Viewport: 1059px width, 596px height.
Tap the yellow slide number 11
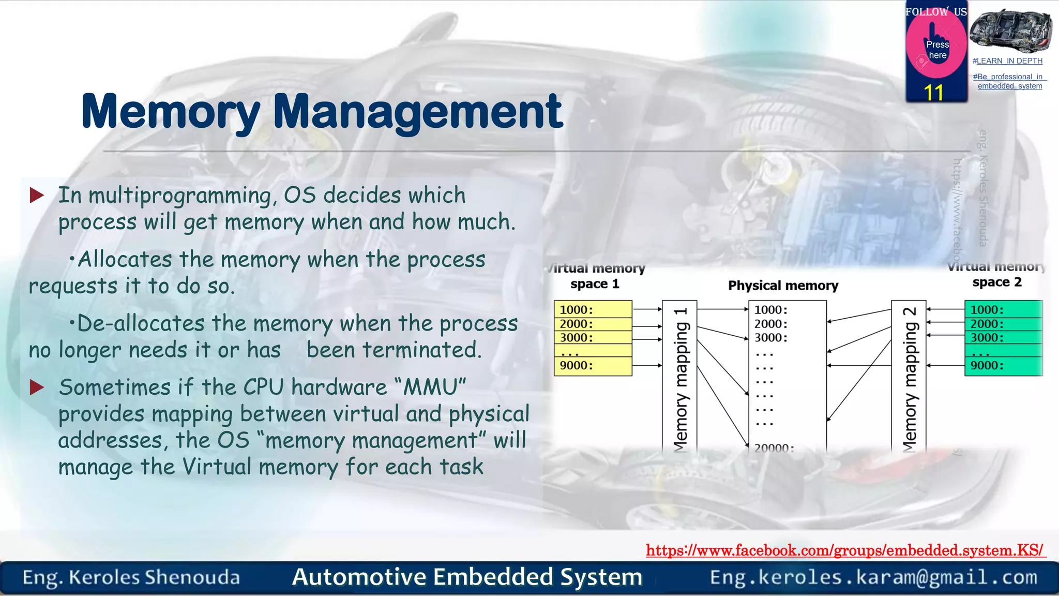point(934,93)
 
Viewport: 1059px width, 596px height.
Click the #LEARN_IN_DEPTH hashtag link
point(1007,61)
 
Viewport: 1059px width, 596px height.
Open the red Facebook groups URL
point(845,550)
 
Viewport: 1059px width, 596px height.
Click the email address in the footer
point(873,577)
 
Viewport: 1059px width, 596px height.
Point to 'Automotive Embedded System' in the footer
point(467,577)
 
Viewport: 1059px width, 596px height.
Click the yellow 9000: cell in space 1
point(593,366)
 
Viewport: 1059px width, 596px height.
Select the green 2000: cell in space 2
point(1003,324)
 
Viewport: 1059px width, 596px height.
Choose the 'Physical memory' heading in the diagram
point(783,286)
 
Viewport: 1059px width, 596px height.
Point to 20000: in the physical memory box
point(774,448)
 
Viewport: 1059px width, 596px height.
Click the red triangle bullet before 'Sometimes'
point(37,387)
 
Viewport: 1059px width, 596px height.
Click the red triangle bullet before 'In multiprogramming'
point(37,195)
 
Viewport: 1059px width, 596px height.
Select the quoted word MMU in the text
point(430,387)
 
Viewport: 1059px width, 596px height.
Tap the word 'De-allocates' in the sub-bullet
point(141,324)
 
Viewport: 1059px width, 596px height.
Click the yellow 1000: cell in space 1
point(593,309)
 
